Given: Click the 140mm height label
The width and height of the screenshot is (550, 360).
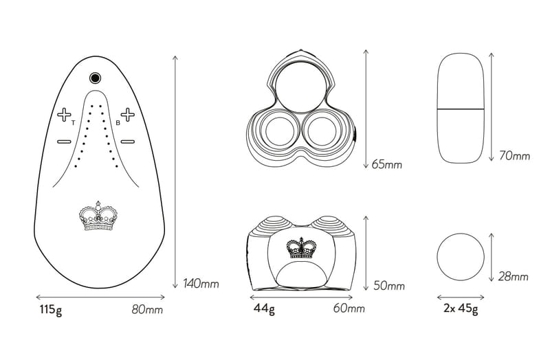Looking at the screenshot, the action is click(201, 283).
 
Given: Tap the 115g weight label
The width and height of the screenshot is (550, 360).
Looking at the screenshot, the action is click(51, 311).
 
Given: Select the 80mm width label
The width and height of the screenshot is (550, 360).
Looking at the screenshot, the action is click(147, 310).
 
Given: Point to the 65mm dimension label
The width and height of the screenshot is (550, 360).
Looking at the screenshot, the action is click(387, 164).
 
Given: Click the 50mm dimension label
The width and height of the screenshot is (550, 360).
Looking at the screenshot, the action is click(389, 286).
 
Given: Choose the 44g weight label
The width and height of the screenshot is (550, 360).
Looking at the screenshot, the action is click(264, 309).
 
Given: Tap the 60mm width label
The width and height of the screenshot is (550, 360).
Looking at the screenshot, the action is click(349, 308).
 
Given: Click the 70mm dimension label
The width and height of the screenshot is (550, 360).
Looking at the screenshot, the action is click(514, 155).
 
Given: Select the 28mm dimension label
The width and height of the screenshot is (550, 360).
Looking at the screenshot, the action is click(513, 277).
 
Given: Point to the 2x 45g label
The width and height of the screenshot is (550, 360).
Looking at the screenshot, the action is click(461, 309).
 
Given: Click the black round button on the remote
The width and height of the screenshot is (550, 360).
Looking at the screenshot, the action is click(95, 78).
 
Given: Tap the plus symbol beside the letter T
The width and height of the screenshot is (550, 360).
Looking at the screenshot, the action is click(64, 115).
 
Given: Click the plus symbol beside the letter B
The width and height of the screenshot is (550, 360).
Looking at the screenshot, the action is click(128, 115).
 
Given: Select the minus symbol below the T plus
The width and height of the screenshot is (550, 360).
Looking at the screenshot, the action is click(64, 142).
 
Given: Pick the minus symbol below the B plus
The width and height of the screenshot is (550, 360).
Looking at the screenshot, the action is click(128, 142).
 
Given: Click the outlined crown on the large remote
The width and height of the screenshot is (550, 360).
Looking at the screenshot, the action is click(98, 216).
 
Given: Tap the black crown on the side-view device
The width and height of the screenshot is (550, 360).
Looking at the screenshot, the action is click(301, 248).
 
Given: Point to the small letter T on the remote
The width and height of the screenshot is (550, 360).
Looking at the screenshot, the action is click(73, 123).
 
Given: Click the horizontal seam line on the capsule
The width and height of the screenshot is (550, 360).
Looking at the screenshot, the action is click(461, 109).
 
